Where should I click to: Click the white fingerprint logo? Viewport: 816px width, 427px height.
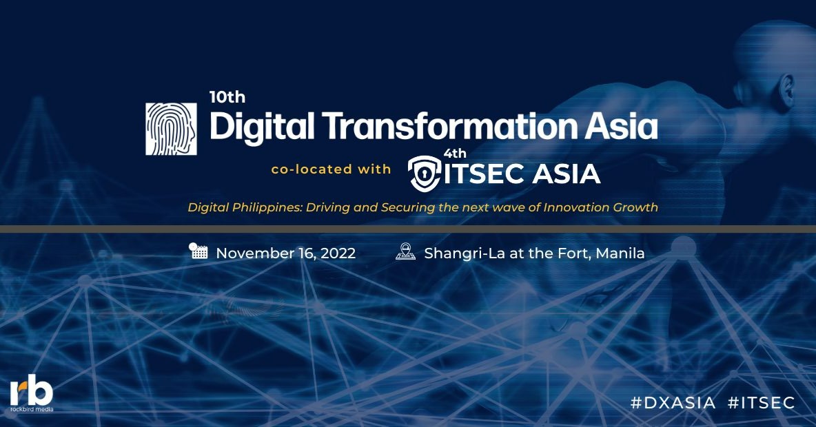(x=171, y=129)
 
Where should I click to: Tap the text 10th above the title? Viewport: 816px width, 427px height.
(x=227, y=97)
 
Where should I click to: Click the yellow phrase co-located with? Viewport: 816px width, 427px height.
(x=331, y=169)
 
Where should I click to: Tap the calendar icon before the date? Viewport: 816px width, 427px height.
(x=198, y=251)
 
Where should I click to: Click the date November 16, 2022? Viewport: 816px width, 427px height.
(x=285, y=253)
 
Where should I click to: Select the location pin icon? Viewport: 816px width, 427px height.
(x=405, y=252)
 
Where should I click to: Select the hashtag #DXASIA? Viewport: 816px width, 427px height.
(x=673, y=403)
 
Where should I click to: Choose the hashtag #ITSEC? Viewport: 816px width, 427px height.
(x=762, y=403)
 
